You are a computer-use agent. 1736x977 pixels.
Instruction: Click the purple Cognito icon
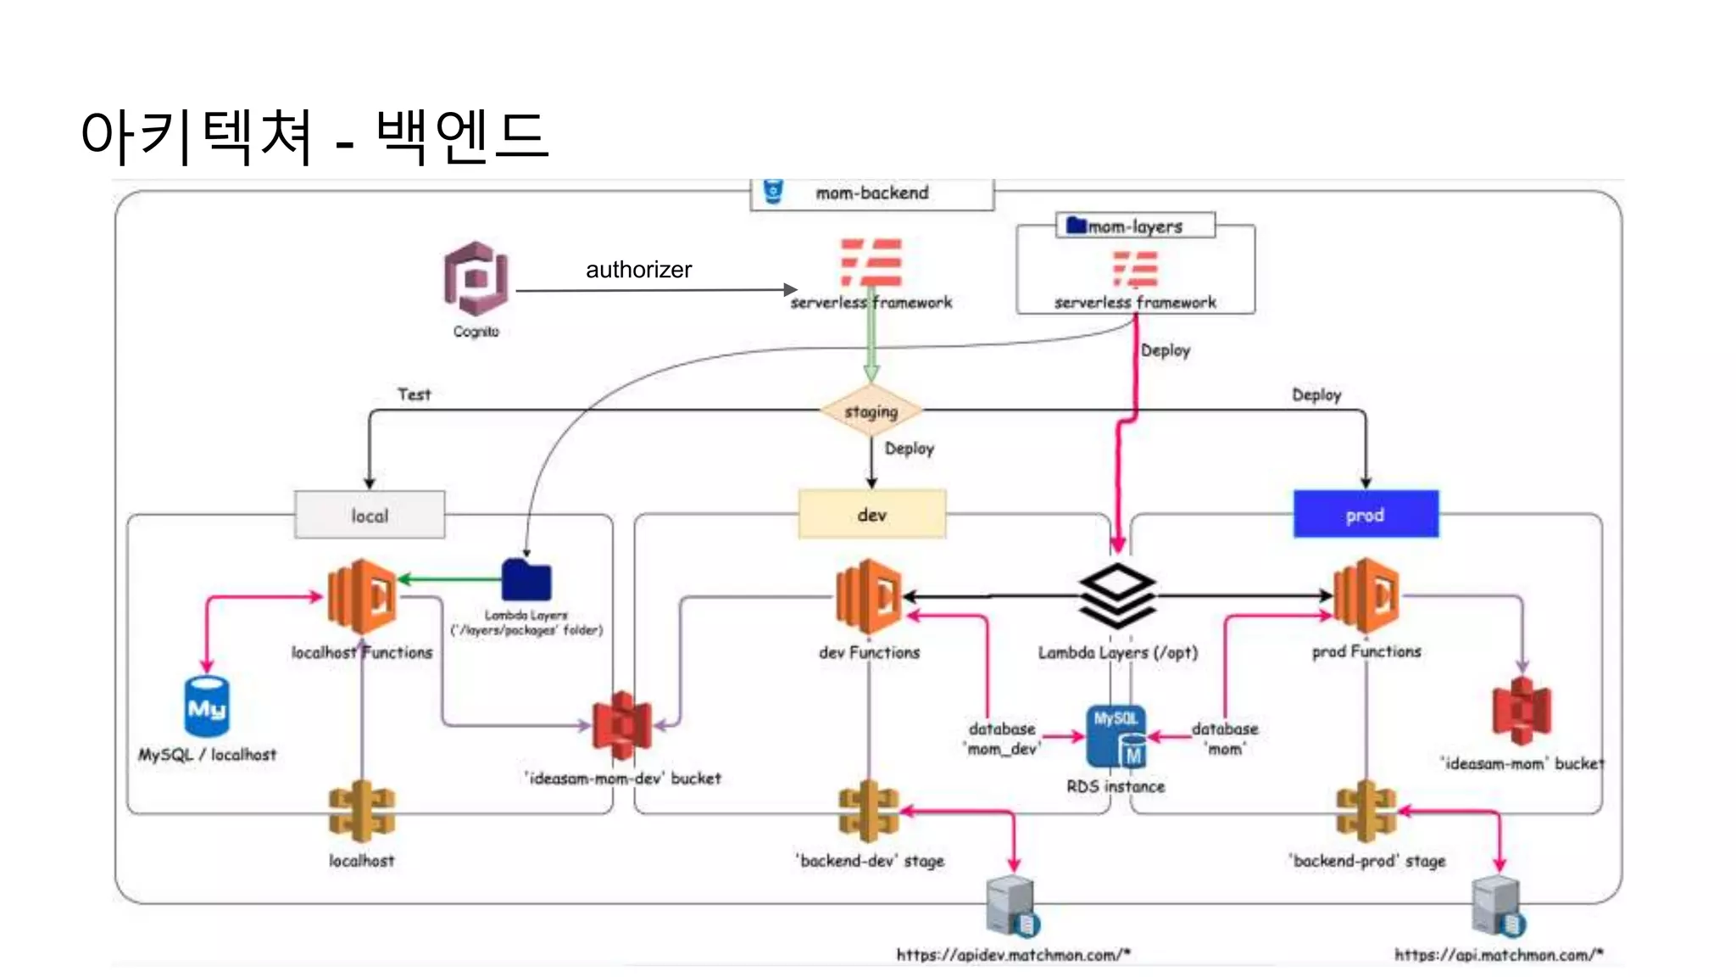coord(476,279)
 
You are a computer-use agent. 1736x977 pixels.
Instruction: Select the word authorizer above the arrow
coord(638,270)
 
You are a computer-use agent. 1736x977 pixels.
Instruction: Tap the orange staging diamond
coord(871,411)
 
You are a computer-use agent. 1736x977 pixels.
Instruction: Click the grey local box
coord(370,515)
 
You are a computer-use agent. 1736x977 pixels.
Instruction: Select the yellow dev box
coord(871,514)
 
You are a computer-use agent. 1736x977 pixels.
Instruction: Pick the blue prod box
coord(1365,514)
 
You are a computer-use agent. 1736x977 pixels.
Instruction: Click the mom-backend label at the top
coord(871,193)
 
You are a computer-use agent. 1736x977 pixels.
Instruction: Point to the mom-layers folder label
coord(1134,226)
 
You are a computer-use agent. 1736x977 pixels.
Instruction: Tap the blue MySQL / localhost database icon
coord(207,706)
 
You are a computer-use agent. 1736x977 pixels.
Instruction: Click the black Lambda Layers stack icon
coord(1117,595)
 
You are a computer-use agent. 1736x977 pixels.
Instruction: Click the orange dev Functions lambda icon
coord(868,596)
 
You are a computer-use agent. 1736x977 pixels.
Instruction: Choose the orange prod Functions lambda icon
coord(1366,595)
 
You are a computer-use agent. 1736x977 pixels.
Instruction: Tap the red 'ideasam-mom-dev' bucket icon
coord(622,725)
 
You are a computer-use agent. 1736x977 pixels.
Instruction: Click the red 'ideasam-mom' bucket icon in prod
coord(1522,711)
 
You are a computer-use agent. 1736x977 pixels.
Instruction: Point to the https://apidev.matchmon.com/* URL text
coord(1013,955)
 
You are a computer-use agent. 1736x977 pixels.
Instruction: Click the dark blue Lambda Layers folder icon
coord(526,581)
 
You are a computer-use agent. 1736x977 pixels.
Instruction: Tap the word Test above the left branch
coord(414,394)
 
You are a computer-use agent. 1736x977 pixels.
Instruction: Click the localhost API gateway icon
coord(362,811)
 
